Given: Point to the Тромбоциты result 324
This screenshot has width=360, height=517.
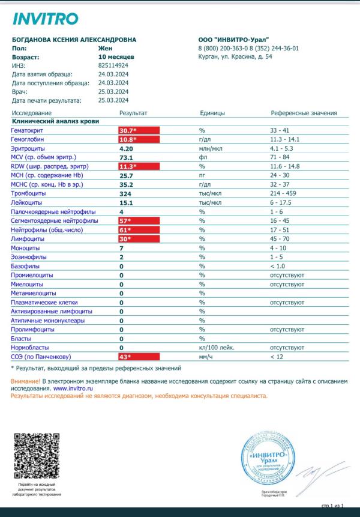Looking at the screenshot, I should tap(126, 194).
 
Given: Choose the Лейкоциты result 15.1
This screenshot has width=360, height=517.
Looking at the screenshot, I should tap(126, 203).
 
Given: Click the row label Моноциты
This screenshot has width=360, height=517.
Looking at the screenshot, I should tap(25, 248).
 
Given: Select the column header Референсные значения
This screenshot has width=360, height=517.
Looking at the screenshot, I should tap(304, 113).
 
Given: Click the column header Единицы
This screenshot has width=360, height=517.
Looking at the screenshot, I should tap(212, 113).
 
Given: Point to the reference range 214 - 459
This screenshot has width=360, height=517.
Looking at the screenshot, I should tap(287, 194).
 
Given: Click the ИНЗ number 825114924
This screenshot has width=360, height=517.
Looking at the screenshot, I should tap(113, 66).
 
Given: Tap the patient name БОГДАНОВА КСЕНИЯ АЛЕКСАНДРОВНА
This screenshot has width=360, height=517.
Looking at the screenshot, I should tap(74, 40).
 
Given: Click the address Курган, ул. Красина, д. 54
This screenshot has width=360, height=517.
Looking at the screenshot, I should tap(235, 57).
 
